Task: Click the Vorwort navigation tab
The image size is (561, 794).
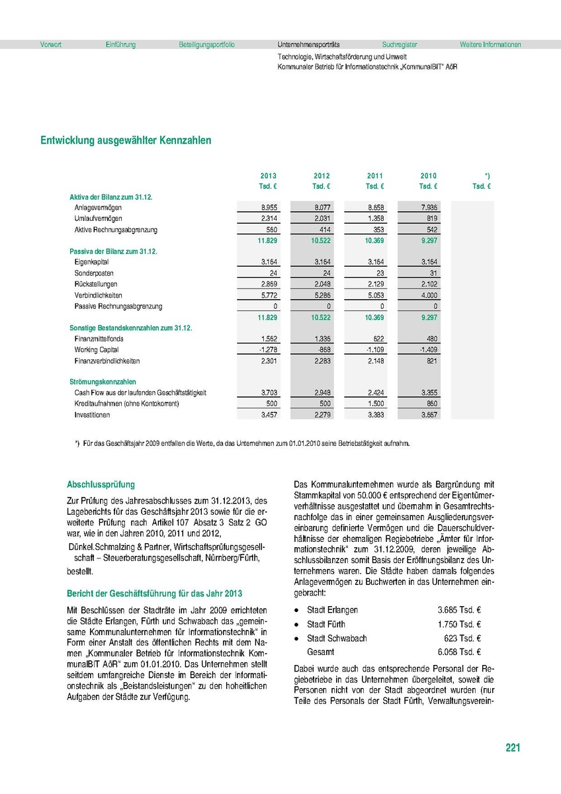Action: point(51,45)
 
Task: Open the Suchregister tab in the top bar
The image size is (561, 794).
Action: point(400,45)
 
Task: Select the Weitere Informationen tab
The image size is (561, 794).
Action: point(490,45)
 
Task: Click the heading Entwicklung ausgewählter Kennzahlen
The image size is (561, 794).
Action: point(126,141)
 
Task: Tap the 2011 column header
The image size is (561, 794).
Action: point(375,176)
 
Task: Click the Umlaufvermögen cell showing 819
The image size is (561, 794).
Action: point(431,218)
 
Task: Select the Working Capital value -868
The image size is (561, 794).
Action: point(322,349)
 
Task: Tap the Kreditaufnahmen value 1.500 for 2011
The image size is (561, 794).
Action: point(375,404)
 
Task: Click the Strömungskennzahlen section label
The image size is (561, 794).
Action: point(103,382)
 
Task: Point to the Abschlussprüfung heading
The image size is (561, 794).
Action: point(101,484)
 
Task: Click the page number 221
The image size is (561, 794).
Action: point(513,748)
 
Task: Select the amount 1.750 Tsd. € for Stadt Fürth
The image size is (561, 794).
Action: point(458,624)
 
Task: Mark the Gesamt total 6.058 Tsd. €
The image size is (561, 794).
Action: point(458,652)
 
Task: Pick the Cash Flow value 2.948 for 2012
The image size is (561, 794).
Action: point(322,393)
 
